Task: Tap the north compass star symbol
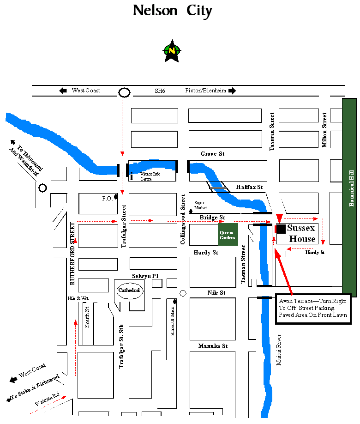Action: click(172, 50)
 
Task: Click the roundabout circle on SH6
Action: click(124, 92)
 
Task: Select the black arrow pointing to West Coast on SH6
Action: click(63, 91)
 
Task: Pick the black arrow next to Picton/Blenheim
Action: click(232, 91)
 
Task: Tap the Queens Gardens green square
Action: click(228, 234)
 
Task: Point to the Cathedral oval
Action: click(129, 291)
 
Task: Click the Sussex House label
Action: click(301, 233)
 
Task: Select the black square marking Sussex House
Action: click(281, 229)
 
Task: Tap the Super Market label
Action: click(199, 205)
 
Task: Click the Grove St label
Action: click(212, 153)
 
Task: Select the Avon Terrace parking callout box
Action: click(313, 308)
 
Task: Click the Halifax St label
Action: click(249, 187)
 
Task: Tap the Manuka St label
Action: click(213, 345)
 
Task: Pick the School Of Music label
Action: click(173, 321)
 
